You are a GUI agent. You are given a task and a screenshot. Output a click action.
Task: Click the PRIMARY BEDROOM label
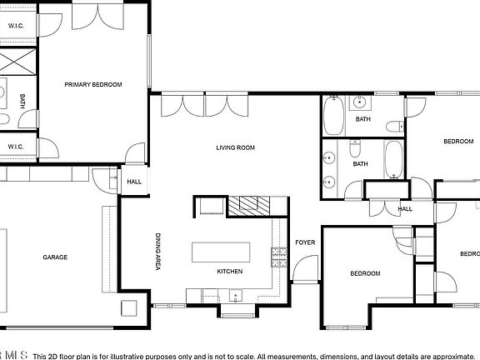coord(94,84)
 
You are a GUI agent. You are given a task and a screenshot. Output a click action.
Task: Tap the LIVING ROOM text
coord(235,147)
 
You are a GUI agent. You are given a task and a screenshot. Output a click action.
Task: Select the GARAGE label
coord(55,257)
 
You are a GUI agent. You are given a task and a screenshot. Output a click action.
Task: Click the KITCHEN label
coord(229,272)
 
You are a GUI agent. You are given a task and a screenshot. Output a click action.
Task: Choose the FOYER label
coord(305,243)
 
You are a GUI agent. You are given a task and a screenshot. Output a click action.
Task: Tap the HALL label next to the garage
coord(134,182)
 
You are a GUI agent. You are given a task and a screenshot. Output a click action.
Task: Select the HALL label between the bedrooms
coord(405,209)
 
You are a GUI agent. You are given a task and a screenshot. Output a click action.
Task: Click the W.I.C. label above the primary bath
coord(17,27)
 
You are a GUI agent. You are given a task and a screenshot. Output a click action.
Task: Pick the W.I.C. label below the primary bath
coord(17,147)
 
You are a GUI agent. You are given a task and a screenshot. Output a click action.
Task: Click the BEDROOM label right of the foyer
coord(364,274)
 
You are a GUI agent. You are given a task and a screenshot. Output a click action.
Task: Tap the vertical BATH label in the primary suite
coord(22,101)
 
